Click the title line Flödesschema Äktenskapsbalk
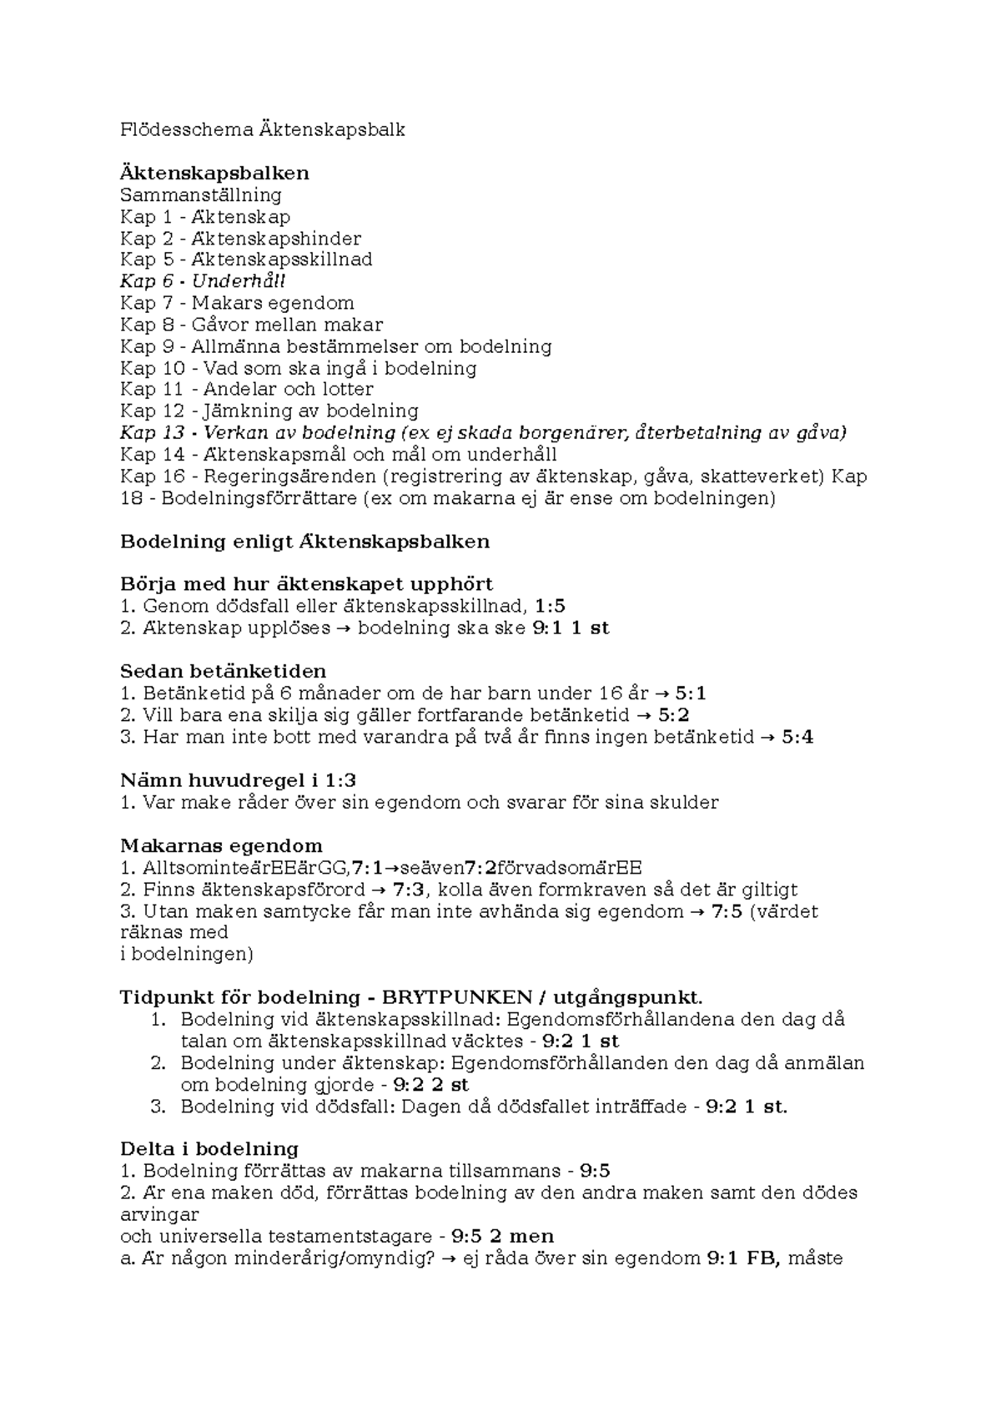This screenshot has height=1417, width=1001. pos(263,130)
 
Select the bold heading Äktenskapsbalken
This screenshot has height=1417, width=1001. pos(214,174)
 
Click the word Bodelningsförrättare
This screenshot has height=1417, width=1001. pos(259,498)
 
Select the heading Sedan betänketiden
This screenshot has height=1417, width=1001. pos(223,672)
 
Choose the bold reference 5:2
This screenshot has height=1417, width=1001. pos(673,715)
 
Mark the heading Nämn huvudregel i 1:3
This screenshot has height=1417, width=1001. pos(238,781)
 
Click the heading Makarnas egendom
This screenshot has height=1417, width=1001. pos(221,846)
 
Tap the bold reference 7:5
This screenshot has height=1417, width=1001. pos(727,911)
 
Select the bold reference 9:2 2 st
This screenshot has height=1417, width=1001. pos(430,1085)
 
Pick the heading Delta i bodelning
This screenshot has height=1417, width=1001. pos(209,1149)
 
